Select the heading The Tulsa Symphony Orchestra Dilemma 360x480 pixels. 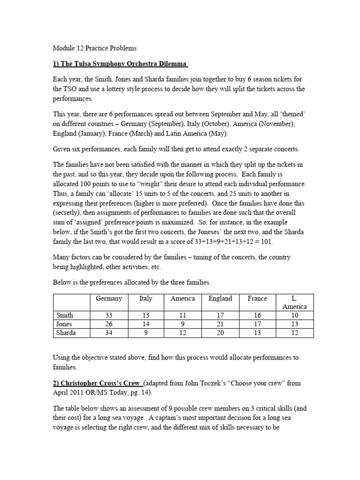(x=120, y=64)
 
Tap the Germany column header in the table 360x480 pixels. (x=109, y=299)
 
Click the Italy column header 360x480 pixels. (x=146, y=299)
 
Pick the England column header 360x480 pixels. (x=220, y=299)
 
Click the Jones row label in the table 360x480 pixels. (x=64, y=324)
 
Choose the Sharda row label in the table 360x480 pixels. (x=66, y=333)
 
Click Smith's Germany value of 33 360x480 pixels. (x=109, y=315)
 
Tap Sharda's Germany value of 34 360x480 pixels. (x=109, y=333)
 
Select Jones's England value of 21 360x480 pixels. (x=220, y=324)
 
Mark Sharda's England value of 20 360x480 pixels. (x=220, y=333)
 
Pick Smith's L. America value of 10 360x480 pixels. (x=294, y=315)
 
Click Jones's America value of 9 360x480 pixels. (x=183, y=324)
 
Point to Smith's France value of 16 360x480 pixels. (x=257, y=315)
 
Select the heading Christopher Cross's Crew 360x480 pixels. (x=97, y=383)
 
